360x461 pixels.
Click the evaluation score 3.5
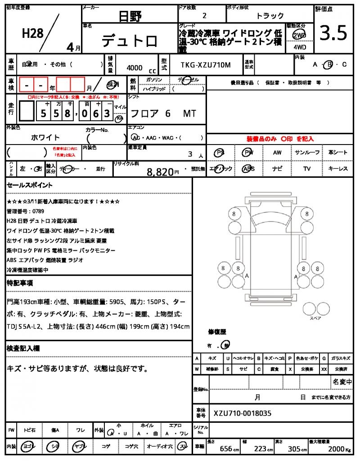pos(333,33)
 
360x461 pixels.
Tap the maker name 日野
pos(130,17)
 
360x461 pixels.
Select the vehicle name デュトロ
pos(130,41)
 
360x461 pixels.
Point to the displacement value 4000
pos(135,68)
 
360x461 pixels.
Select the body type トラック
pos(270,16)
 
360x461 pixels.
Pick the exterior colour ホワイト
pos(45,137)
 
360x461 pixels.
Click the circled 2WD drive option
pos(298,35)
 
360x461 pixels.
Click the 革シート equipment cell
pos(338,153)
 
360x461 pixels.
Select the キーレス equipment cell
pos(338,169)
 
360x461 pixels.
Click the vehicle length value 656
pos(226,449)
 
